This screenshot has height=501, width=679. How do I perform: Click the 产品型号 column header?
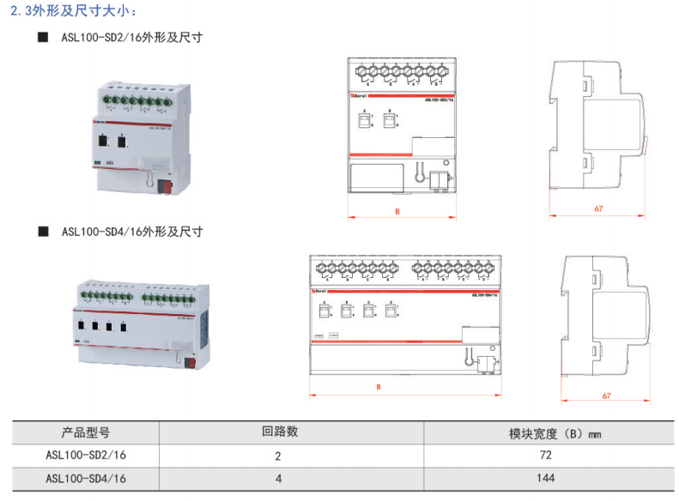86,432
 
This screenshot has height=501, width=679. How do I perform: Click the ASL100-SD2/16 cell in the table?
86,455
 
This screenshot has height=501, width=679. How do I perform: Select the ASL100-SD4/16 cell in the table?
86,478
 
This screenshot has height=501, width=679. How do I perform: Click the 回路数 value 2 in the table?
278,456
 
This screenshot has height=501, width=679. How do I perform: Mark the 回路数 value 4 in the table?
278,478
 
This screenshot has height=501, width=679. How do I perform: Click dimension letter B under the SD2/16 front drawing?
397,210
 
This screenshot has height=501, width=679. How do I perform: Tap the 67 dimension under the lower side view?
607,395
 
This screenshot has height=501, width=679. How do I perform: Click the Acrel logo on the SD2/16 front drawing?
359,98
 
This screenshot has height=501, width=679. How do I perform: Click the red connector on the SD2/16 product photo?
168,182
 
